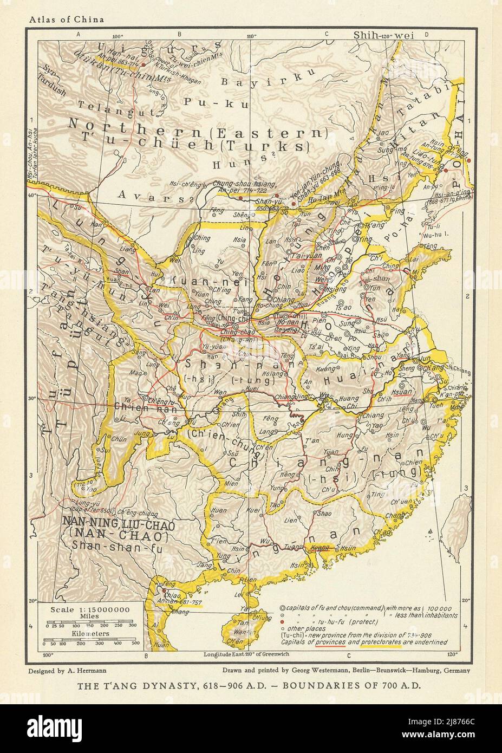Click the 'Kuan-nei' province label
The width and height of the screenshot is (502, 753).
[x=194, y=280]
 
